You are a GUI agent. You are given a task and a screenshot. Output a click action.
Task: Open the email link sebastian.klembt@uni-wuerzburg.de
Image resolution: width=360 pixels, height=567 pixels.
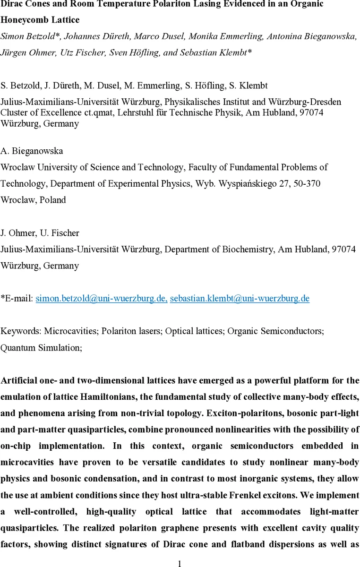240,298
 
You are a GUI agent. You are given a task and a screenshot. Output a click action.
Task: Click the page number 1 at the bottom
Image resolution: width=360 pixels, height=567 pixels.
180,563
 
